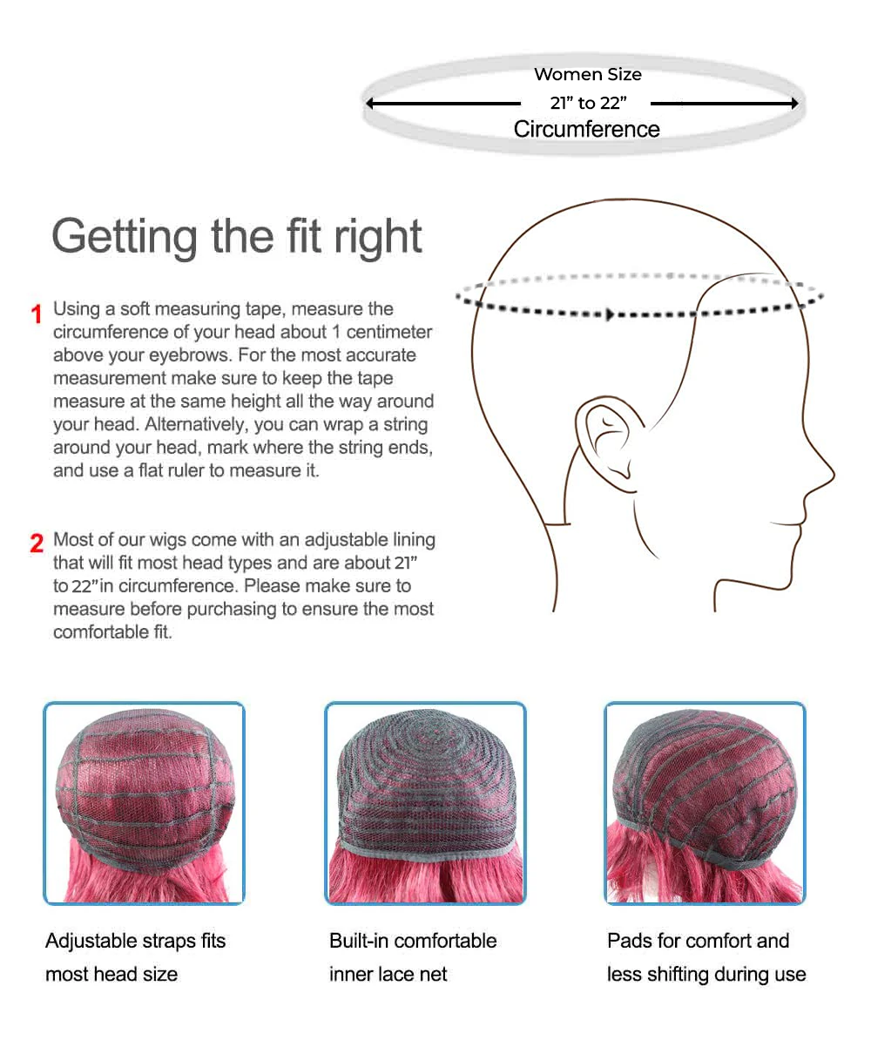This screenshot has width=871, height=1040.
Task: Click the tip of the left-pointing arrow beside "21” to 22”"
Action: click(x=367, y=104)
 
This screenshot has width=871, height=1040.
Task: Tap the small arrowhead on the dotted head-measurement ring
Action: click(x=609, y=314)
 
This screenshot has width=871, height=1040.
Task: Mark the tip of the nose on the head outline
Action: click(x=834, y=475)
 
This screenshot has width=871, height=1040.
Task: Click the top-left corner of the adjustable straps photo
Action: click(x=44, y=702)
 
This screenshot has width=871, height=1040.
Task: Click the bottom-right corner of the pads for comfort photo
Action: click(x=806, y=903)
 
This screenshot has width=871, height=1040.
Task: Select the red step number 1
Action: click(x=37, y=314)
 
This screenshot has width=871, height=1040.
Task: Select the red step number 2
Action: click(x=37, y=544)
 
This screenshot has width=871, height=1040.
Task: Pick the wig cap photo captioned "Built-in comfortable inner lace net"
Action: click(x=425, y=803)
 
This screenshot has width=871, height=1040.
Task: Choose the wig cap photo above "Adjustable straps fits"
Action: click(x=144, y=803)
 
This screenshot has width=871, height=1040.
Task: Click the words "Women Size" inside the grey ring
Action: click(x=588, y=74)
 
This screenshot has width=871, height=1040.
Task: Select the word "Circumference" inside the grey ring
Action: click(x=586, y=129)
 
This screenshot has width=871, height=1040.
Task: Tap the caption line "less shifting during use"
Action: click(x=706, y=975)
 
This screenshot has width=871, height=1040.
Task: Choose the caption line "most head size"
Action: click(x=111, y=975)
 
